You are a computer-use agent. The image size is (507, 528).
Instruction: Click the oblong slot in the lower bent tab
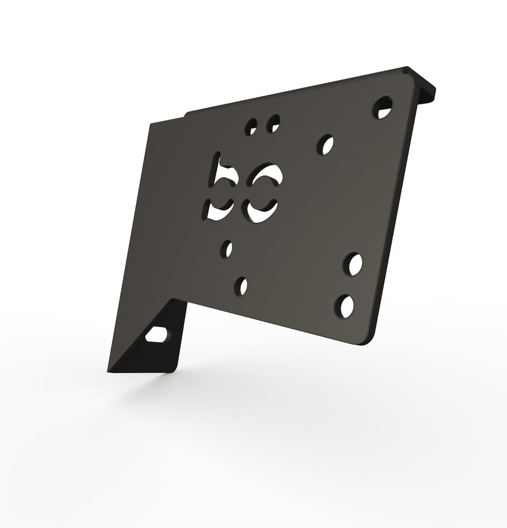[x=156, y=334]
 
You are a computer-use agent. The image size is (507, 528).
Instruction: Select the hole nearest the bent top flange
[x=383, y=108]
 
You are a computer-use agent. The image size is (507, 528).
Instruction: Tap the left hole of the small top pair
[x=252, y=126]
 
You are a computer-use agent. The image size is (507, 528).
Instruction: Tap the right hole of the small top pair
[x=274, y=123]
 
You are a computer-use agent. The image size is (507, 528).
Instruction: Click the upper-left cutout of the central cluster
[x=223, y=174]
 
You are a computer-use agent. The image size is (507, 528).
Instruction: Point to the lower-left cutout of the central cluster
[x=219, y=210]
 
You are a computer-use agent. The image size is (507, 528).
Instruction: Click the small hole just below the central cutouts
[x=227, y=249]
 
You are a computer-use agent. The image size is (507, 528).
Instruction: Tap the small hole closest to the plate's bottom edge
[x=241, y=286]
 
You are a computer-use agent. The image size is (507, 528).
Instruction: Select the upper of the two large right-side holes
[x=353, y=264]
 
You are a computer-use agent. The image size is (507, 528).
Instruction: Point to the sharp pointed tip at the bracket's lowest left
[x=109, y=372]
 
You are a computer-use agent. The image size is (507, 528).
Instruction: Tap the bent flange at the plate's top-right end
[x=425, y=87]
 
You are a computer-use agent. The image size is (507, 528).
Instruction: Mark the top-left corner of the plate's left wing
[x=150, y=125]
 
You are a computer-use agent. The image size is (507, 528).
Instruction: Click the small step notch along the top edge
[x=185, y=114]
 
